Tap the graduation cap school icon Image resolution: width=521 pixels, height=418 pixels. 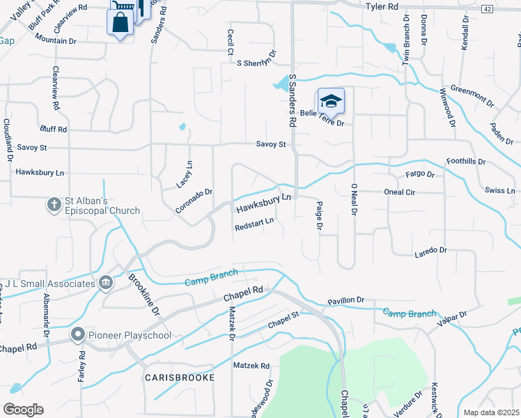332,101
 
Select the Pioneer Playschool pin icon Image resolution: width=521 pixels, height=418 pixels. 77,334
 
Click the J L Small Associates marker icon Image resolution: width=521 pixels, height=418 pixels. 106,283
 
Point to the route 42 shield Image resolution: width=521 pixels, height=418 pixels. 487,8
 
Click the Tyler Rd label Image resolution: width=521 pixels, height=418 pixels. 382,6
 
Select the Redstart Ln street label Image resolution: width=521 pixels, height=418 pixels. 254,226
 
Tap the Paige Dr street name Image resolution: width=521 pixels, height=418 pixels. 319,217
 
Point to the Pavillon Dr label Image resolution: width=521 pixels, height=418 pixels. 345,300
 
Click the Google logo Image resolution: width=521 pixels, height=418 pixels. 23,409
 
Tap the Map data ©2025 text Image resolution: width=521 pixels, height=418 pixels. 491,412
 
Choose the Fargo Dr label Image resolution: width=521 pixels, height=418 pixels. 420,174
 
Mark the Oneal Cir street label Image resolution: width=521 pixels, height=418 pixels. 399,192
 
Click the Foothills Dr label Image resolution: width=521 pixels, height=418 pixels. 466,161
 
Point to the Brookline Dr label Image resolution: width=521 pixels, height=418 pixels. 144,294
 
